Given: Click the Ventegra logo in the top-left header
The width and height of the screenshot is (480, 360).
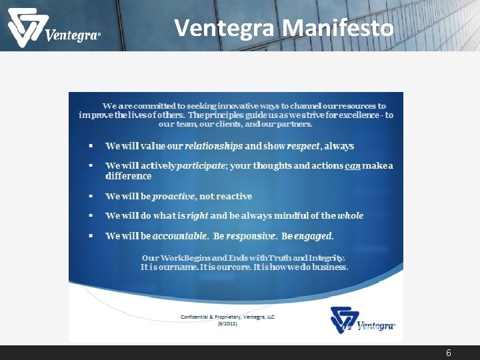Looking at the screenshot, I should pyautogui.click(x=53, y=29).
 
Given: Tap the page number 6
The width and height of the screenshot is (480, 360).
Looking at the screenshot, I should pyautogui.click(x=449, y=353).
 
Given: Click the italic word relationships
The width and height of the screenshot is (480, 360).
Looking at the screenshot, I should pyautogui.click(x=213, y=145).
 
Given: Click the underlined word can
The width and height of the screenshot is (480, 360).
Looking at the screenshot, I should pyautogui.click(x=352, y=165).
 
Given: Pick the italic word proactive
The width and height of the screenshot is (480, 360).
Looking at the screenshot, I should pyautogui.click(x=175, y=196).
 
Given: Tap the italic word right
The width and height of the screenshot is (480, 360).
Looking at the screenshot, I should pyautogui.click(x=197, y=215).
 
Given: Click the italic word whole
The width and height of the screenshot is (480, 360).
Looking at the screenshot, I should pyautogui.click(x=351, y=215).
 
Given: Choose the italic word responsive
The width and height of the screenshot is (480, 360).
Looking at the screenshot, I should pyautogui.click(x=251, y=235).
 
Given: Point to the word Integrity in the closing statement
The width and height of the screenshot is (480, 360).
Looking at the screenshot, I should pyautogui.click(x=324, y=257).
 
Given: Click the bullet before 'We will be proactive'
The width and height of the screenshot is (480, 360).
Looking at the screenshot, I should pyautogui.click(x=90, y=196).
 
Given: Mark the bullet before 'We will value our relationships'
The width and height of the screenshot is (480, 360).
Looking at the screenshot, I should pyautogui.click(x=90, y=145).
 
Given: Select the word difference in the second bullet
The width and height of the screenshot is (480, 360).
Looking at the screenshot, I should pyautogui.click(x=129, y=176).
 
